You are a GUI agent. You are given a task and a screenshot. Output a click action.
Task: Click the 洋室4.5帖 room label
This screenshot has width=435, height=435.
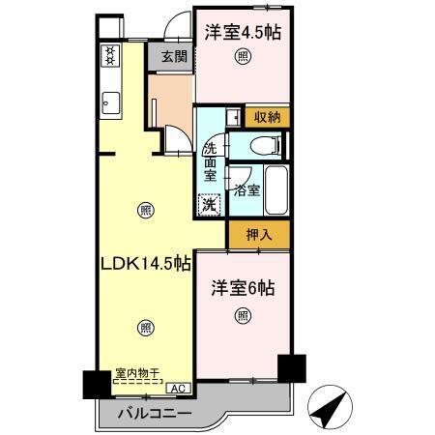[243, 32]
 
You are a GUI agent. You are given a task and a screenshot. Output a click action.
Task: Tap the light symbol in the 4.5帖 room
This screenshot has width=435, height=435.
[243, 58]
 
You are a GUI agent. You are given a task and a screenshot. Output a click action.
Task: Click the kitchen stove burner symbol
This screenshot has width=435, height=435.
[109, 55]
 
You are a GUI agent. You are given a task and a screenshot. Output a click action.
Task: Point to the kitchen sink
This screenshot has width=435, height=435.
[109, 101]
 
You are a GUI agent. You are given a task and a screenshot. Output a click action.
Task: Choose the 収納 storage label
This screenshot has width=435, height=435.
[267, 116]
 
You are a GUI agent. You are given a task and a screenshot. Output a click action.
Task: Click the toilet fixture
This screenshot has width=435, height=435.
[260, 146]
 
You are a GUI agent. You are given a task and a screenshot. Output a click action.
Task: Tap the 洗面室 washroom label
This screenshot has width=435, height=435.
[211, 163]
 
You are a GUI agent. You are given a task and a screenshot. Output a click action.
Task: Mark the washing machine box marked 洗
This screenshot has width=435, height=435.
[208, 204]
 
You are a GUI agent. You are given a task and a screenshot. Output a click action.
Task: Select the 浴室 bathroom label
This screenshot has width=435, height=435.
[246, 190]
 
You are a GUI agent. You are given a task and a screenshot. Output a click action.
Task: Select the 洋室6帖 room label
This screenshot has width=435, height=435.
[244, 289]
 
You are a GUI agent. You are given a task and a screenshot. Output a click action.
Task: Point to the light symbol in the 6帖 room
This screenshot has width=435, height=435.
[243, 315]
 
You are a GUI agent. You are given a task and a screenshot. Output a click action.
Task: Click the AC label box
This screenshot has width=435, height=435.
[177, 388]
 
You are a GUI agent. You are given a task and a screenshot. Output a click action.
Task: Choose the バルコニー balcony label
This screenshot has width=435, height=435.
[155, 415]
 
